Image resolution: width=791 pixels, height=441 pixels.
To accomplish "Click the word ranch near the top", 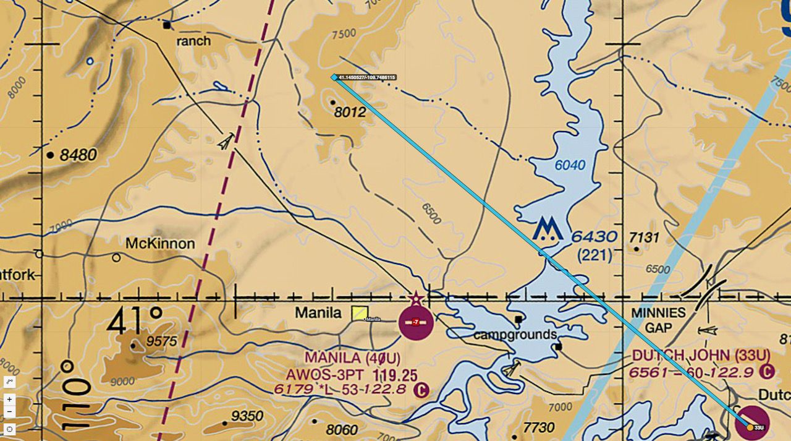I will coord(193,41).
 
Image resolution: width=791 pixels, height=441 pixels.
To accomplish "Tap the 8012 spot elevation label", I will coord(349,113).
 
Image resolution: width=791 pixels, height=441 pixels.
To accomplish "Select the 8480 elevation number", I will coord(78,155).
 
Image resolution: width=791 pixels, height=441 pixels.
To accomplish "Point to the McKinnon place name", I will coord(160,244).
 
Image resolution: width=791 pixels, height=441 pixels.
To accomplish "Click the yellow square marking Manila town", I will coord(359,314).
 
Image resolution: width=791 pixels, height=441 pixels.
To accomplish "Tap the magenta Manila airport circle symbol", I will coord(416,322).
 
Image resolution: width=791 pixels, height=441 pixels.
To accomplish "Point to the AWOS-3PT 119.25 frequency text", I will coord(351,375).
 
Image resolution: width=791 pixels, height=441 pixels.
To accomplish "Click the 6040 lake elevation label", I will coord(570,165).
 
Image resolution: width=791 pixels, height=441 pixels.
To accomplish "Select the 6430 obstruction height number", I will coord(594,237).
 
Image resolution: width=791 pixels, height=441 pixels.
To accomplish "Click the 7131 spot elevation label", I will coord(645,238).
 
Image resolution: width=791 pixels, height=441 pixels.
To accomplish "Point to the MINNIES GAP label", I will coord(658,320).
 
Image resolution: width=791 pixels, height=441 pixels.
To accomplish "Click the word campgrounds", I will coord(515,335).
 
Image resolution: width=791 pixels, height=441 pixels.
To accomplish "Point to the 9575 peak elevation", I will coord(162,341).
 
